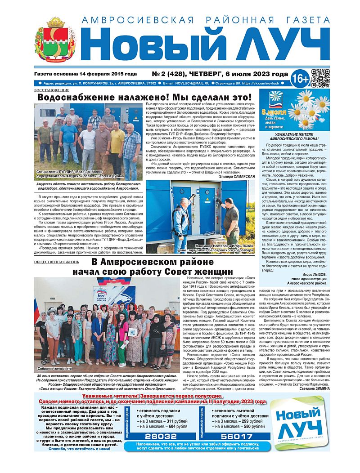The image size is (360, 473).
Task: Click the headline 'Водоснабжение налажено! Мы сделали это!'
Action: [144, 98]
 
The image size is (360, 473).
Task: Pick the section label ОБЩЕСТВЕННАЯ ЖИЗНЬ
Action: [57, 261]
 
